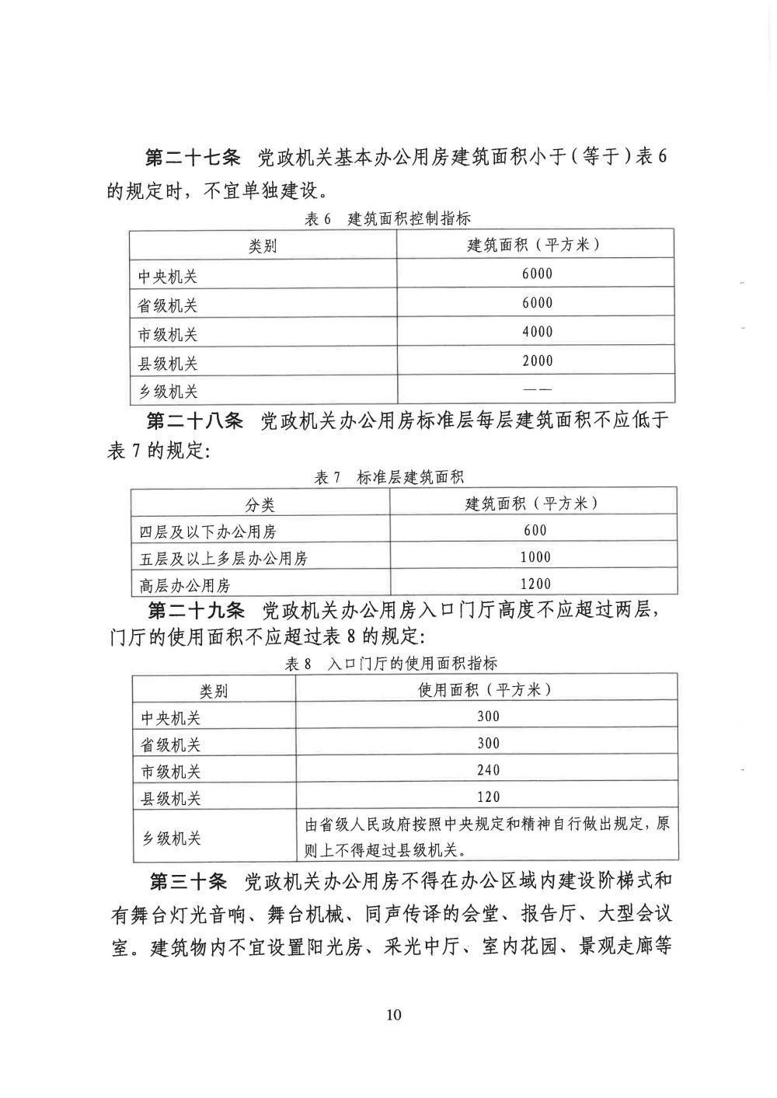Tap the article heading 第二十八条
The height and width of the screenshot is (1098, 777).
194,421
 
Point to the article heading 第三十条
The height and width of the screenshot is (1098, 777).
187,881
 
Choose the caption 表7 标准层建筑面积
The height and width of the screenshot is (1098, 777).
388,478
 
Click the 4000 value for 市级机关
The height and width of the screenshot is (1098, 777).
537,332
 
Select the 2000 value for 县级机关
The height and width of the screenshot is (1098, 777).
537,361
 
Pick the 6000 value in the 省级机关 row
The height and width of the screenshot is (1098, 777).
537,303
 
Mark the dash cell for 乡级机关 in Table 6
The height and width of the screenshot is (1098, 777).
537,389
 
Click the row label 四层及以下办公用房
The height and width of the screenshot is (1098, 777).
207,532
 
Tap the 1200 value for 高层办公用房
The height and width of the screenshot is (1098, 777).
535,584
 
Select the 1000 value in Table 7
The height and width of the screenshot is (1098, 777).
535,557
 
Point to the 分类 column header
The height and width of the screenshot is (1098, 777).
260,505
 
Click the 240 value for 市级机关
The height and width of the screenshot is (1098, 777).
489,770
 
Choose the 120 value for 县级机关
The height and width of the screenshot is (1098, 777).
489,797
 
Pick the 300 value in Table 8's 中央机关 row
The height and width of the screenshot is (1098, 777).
489,716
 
